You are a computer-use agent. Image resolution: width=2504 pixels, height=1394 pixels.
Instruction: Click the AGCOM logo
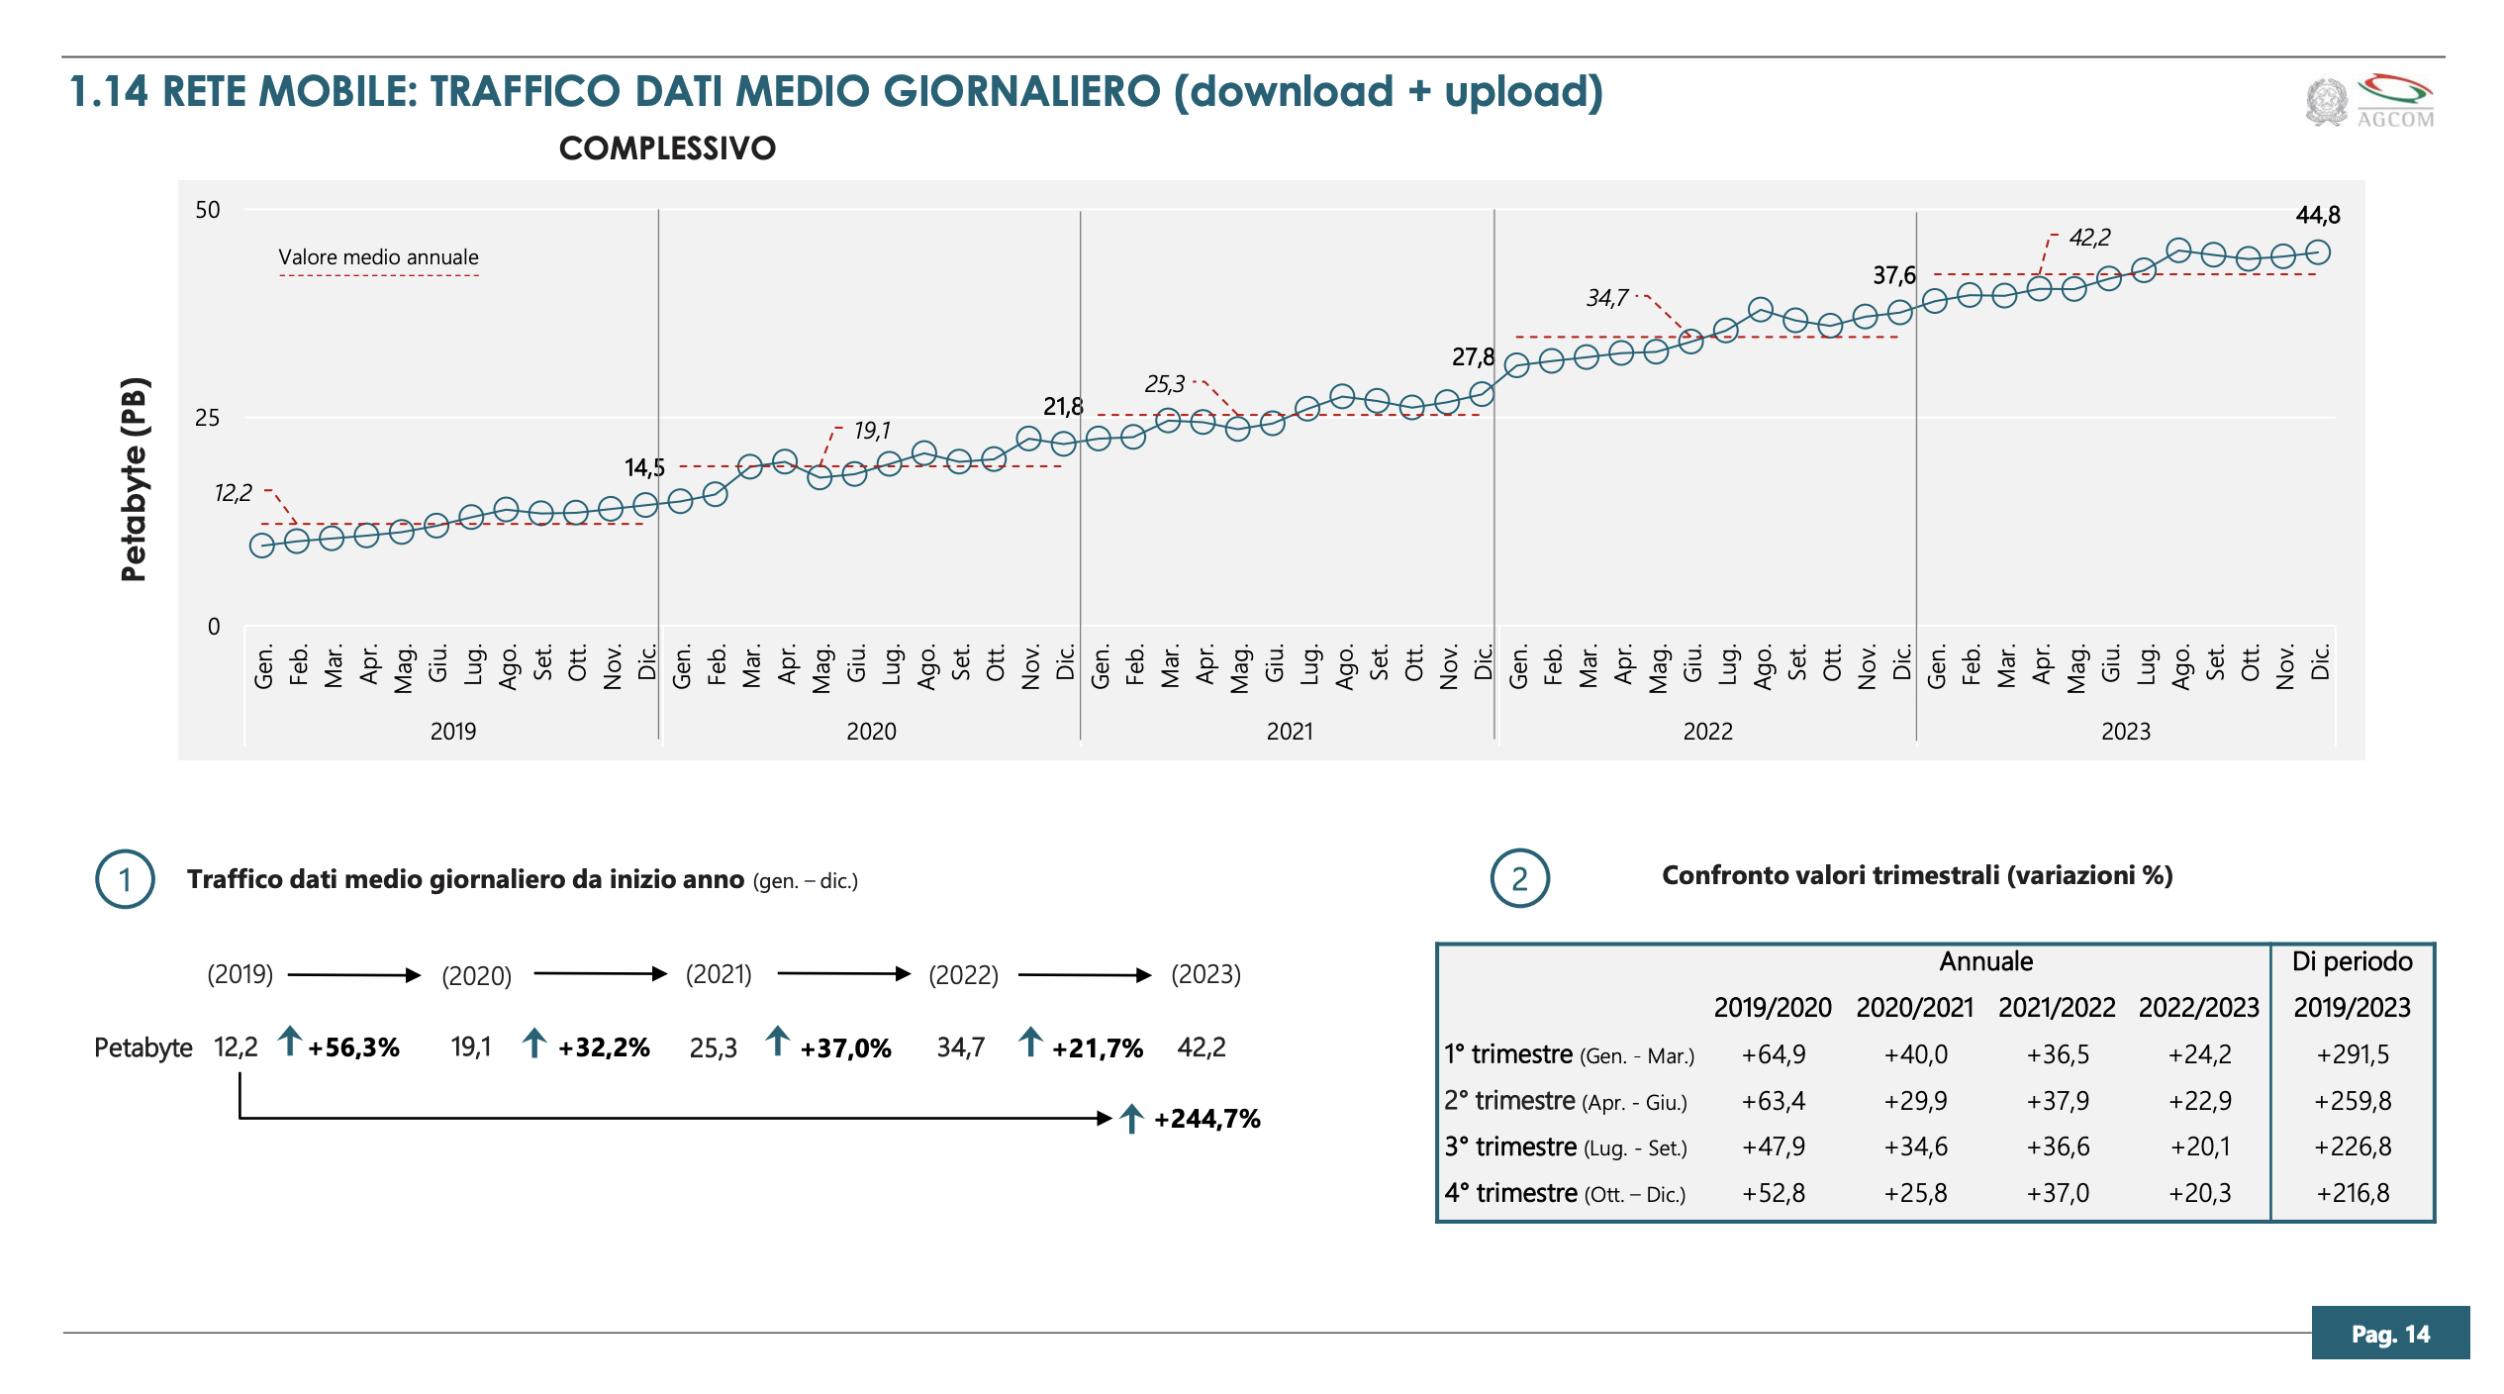(2369, 102)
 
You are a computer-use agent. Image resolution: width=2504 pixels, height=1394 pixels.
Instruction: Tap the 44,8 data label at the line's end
(2317, 215)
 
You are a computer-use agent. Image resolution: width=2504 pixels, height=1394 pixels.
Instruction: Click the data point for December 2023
(2317, 252)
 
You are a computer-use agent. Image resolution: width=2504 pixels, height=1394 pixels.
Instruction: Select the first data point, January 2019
(262, 546)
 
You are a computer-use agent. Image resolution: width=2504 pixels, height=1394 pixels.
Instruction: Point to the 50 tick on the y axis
(208, 210)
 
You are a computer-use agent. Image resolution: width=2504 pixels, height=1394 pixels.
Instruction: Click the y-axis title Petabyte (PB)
(134, 479)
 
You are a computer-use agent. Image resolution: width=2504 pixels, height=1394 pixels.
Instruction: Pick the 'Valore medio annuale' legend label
(378, 257)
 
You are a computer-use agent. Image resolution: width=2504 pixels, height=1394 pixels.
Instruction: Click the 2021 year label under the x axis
(1290, 732)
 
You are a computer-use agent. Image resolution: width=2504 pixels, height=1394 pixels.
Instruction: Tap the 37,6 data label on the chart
(1893, 275)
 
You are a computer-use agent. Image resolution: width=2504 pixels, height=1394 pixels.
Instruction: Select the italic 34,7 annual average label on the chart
(1606, 298)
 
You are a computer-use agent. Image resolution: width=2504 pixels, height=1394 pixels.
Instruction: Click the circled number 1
(125, 879)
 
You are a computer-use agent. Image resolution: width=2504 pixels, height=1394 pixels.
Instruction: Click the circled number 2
(1519, 879)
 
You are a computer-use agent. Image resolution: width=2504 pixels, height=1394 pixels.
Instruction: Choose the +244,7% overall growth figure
(1206, 1119)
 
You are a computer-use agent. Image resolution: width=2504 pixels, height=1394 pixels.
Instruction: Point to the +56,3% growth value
(353, 1047)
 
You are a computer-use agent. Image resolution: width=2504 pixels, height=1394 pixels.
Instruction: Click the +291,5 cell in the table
(2352, 1054)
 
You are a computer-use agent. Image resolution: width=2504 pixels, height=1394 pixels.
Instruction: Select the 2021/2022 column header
(2056, 1008)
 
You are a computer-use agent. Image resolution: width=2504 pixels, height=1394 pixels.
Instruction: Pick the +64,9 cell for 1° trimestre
(1773, 1054)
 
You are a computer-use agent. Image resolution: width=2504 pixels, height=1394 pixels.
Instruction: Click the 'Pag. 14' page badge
(2389, 1334)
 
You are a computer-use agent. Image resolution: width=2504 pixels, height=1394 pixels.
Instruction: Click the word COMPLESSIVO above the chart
(667, 149)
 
